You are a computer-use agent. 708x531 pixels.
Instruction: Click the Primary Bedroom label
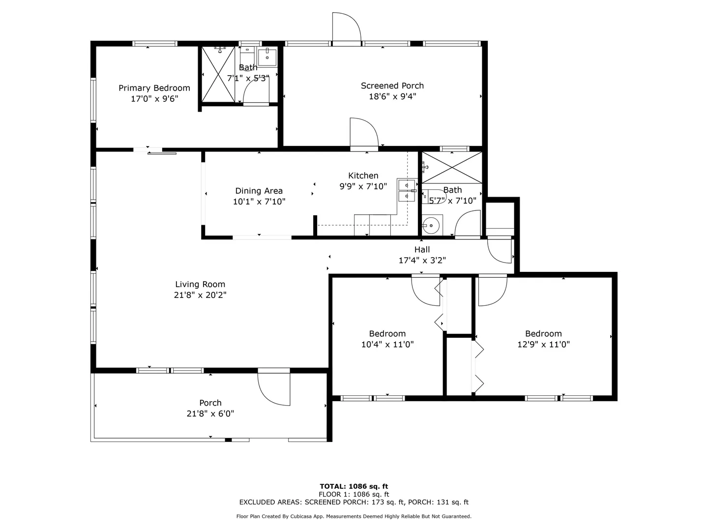[x=154, y=88]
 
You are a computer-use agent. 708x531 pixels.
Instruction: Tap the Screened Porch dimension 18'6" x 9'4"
[x=392, y=96]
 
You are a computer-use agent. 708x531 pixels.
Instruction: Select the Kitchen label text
[x=363, y=176]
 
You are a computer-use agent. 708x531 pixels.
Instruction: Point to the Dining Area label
[x=259, y=191]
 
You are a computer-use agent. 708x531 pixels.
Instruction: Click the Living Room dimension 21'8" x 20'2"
[x=200, y=295]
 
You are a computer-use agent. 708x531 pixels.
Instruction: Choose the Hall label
[x=422, y=250]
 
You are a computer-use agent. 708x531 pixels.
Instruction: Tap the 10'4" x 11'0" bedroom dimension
[x=387, y=344]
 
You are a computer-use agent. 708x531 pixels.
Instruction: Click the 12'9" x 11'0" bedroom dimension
[x=543, y=344]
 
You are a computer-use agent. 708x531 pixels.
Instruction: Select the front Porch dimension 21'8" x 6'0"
[x=210, y=413]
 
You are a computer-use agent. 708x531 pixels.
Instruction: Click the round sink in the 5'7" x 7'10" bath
[x=431, y=225]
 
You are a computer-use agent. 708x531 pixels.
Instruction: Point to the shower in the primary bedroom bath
[x=218, y=74]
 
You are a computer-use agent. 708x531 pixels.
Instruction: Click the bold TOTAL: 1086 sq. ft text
[x=354, y=486]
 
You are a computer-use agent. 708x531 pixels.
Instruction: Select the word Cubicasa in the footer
[x=303, y=516]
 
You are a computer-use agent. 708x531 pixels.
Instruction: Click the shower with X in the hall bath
[x=452, y=168]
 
